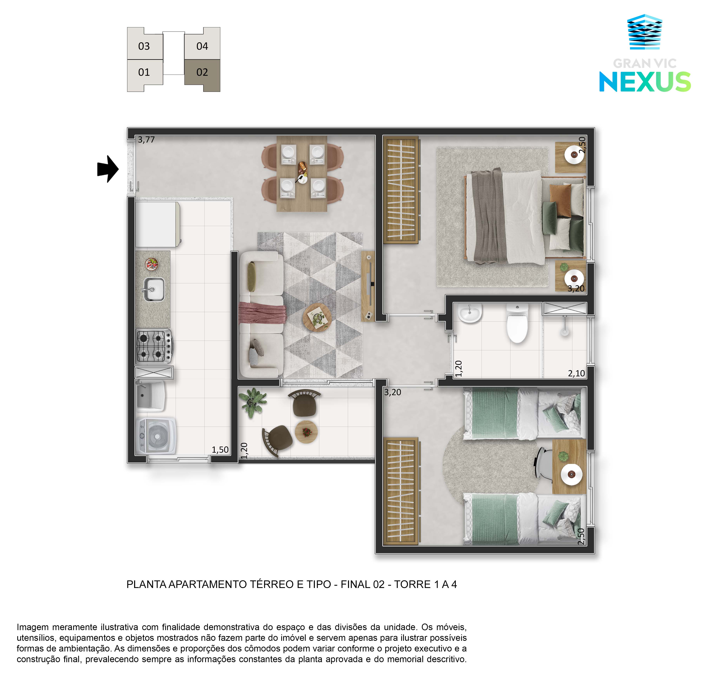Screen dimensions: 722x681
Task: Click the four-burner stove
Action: [x=154, y=346]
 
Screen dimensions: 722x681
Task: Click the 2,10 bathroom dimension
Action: [x=576, y=373]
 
